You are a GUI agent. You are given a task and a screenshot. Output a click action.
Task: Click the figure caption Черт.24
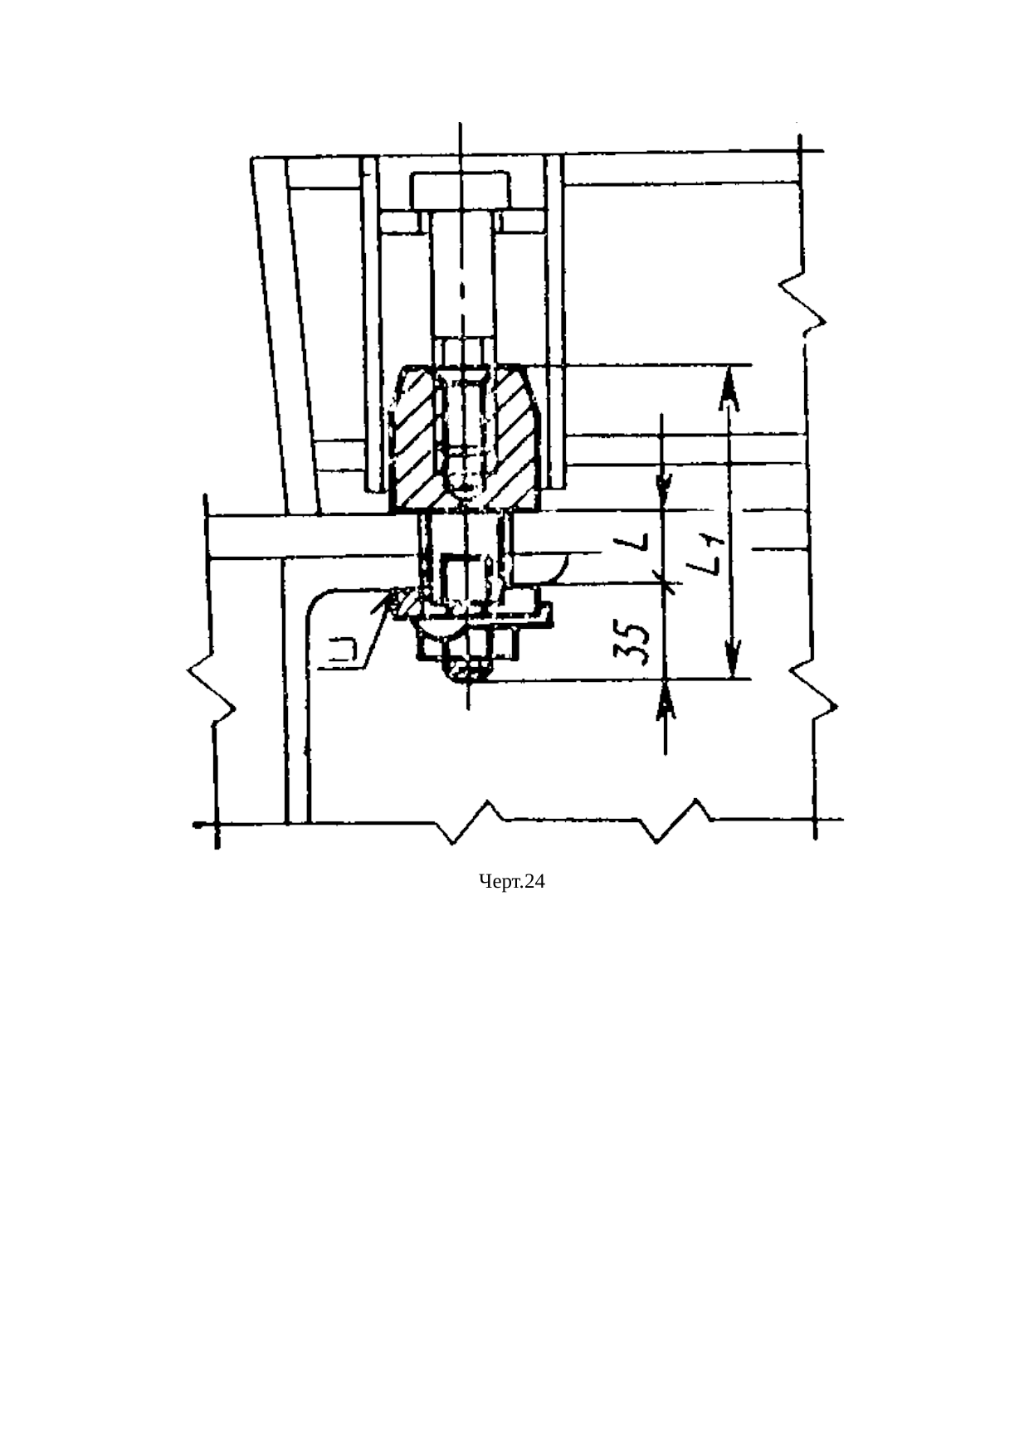click(513, 882)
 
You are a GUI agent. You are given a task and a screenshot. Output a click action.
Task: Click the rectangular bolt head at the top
click(459, 190)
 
